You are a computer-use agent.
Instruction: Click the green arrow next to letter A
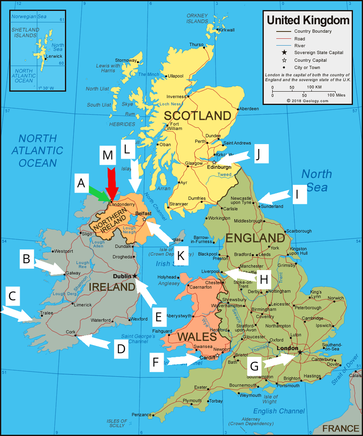100,193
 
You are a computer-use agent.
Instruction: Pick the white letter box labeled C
13,297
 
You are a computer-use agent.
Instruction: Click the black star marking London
300,352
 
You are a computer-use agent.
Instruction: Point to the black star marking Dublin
135,276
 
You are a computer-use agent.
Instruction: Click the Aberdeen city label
249,109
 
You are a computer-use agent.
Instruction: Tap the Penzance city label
141,415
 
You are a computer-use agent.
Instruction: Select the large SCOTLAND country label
197,116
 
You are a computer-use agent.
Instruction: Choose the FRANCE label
340,428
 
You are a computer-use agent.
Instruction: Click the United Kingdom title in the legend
308,20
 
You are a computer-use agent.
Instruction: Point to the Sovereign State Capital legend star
284,52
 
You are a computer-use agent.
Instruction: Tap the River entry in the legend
300,46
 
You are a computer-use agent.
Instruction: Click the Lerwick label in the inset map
54,56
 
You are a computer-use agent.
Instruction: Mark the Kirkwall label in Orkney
226,30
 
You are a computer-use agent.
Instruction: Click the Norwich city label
336,298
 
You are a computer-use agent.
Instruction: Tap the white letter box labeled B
27,259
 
